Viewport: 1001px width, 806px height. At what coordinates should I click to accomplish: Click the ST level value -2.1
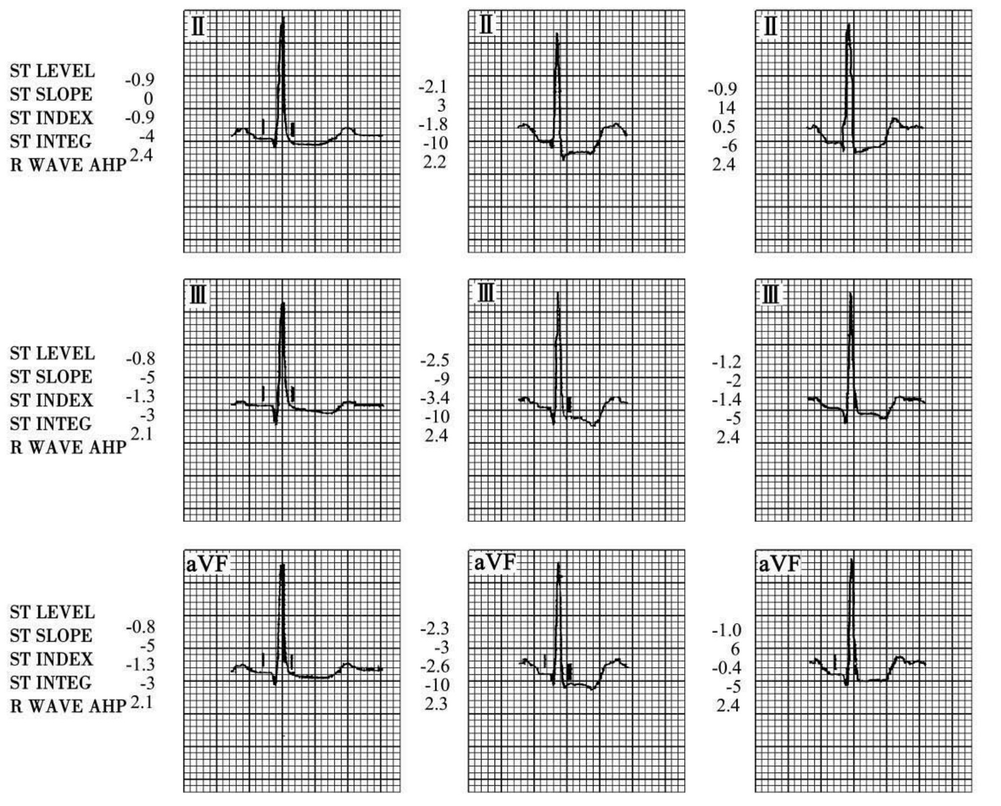(433, 87)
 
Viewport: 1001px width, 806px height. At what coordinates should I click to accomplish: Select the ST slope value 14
(727, 108)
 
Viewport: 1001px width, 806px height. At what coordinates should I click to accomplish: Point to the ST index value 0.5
(724, 127)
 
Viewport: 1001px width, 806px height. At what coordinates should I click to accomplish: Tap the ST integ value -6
(728, 146)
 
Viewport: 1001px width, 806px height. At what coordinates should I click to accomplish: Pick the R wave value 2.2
(435, 162)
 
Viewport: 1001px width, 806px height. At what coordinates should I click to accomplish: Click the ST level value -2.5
(434, 360)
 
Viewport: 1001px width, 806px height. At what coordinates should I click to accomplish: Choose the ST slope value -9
(439, 379)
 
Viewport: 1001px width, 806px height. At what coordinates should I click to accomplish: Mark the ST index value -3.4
(434, 398)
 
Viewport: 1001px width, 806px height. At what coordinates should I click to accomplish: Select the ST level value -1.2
(726, 361)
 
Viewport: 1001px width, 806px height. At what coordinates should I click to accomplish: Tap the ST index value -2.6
(434, 666)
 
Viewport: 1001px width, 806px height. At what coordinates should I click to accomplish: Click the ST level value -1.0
(726, 630)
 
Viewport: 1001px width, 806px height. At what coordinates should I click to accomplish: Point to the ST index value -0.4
(726, 668)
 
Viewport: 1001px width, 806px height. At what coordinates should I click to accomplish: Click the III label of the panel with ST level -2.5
(486, 294)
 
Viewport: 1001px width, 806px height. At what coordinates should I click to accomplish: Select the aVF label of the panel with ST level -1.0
(779, 564)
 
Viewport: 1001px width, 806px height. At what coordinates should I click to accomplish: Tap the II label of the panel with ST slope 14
(770, 27)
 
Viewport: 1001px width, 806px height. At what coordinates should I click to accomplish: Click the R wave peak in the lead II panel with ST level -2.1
(557, 34)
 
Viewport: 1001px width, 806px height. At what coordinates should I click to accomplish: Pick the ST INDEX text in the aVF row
(51, 659)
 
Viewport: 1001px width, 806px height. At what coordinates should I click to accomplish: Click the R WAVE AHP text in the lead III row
(68, 447)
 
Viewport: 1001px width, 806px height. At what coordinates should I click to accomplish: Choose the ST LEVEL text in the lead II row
(52, 71)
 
